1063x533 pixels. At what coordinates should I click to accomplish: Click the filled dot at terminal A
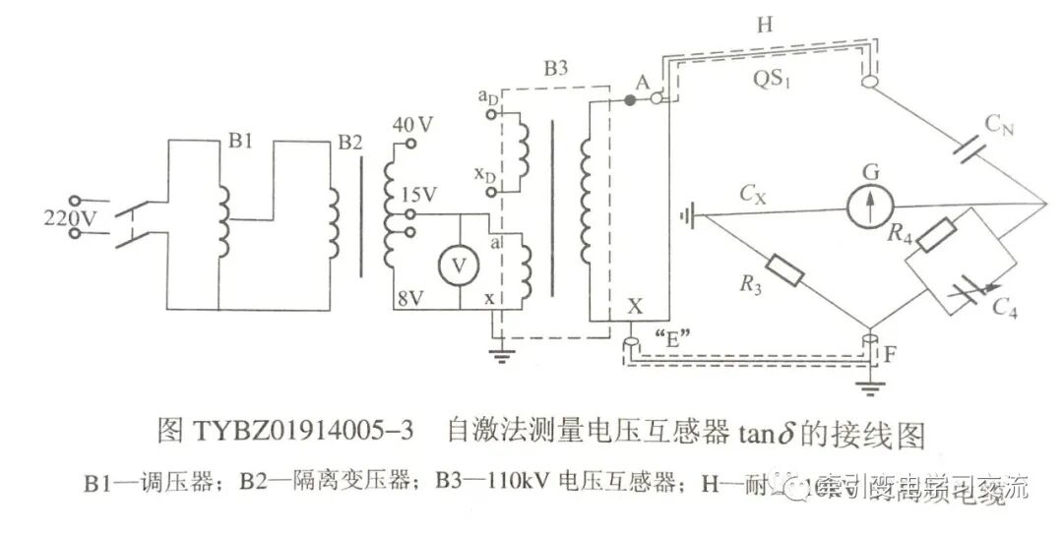[x=629, y=100]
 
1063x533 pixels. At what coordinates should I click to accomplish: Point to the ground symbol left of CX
[x=689, y=212]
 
